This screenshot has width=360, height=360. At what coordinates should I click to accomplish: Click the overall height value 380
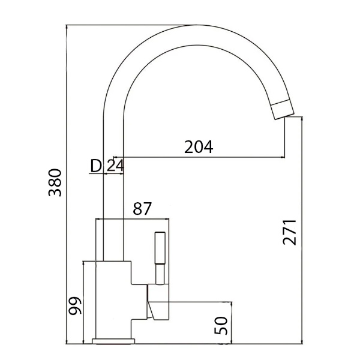[56, 183]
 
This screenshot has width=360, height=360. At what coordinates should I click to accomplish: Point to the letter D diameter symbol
[95, 166]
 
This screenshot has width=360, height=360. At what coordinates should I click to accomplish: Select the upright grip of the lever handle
[160, 249]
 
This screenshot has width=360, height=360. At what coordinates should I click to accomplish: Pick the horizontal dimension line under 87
[134, 219]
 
